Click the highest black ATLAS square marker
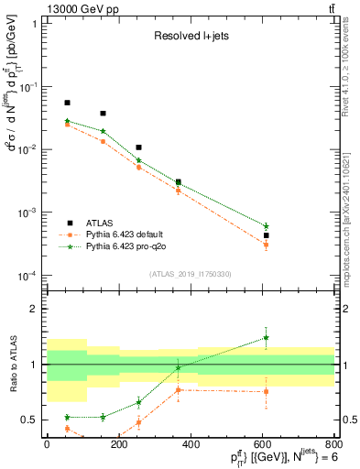click(x=67, y=104)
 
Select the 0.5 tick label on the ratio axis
click(x=28, y=420)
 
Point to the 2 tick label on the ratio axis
click(x=33, y=310)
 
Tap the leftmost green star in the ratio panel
click(x=67, y=417)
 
